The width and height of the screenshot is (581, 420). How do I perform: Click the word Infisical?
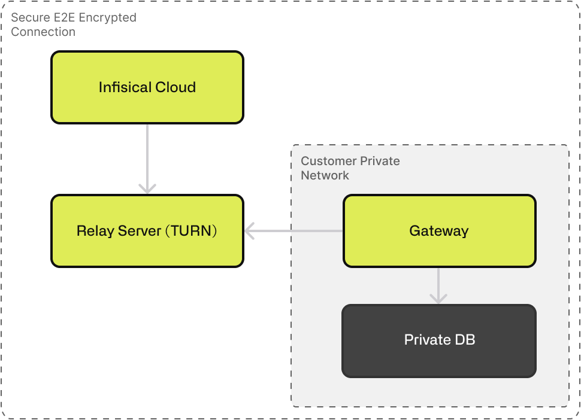(122, 87)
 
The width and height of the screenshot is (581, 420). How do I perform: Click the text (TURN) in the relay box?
(190, 231)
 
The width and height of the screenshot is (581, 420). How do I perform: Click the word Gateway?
(439, 231)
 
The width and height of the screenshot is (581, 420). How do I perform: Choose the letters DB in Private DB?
(465, 340)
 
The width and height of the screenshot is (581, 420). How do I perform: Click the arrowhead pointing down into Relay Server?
(147, 188)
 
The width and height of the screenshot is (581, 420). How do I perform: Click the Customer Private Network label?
(350, 168)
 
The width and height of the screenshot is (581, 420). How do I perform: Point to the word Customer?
(325, 162)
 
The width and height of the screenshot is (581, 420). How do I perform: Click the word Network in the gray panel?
(325, 175)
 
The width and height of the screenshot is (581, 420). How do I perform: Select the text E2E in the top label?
(66, 18)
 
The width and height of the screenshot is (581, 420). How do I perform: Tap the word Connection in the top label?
(43, 32)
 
